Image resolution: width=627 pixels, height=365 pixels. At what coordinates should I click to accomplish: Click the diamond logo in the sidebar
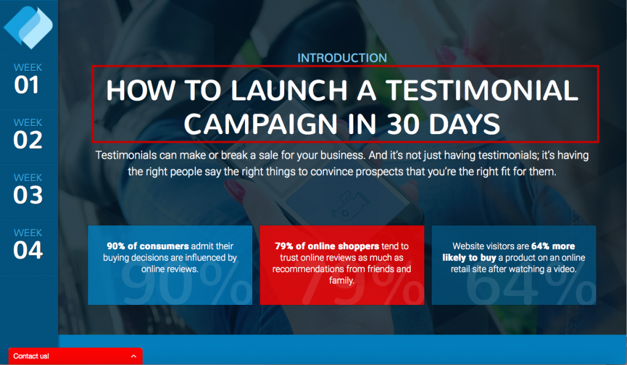pos(28,27)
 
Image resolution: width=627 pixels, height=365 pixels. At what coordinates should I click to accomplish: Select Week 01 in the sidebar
pos(28,79)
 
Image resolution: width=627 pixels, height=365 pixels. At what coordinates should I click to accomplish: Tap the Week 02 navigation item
pos(28,134)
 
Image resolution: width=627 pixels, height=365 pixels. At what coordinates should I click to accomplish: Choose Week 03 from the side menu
pos(28,189)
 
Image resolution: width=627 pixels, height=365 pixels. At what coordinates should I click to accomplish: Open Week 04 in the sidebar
pos(28,245)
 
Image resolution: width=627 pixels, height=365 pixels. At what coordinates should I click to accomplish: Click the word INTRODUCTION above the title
pos(342,58)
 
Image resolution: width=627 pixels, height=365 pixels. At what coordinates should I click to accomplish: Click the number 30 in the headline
pos(404,124)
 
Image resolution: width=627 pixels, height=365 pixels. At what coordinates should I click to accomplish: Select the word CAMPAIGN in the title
pos(260,124)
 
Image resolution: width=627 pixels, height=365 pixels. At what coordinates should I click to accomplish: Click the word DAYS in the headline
pos(464,124)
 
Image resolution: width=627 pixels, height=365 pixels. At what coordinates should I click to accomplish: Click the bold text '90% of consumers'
pos(148,246)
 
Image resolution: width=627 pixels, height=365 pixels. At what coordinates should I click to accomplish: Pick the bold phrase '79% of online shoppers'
pos(327,246)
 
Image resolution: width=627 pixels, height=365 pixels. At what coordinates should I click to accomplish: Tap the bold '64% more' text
pos(553,246)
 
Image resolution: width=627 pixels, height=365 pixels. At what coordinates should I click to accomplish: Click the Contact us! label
pos(31,356)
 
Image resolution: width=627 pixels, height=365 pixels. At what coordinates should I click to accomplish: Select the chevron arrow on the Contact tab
pos(133,356)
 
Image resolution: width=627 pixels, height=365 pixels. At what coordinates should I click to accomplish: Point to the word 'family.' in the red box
pos(342,280)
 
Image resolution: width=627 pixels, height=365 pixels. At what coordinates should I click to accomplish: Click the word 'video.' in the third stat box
pos(565,269)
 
